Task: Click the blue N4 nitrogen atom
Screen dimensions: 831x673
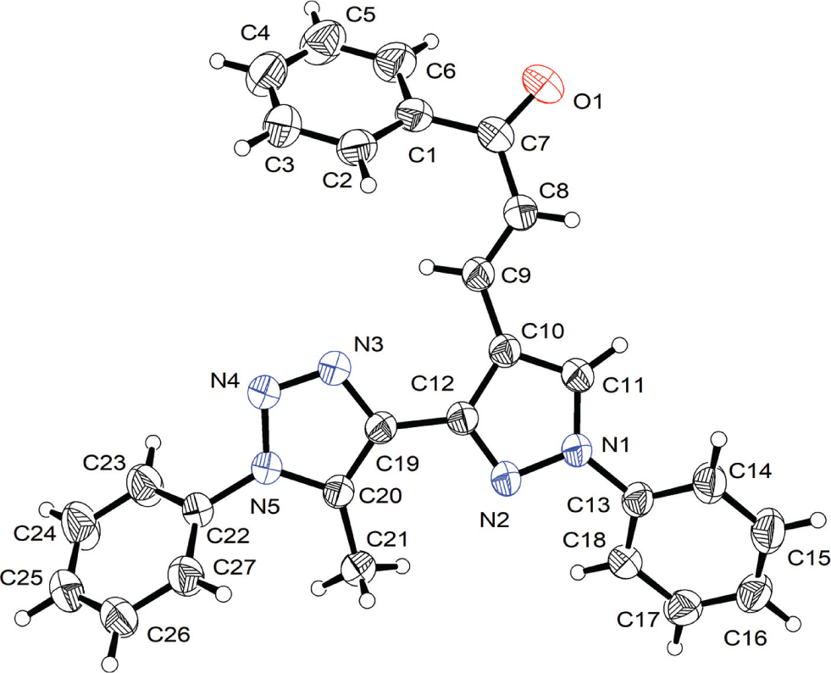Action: [x=263, y=391]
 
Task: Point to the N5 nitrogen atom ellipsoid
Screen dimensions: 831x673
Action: [x=267, y=468]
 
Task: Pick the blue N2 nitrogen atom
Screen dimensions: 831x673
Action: [x=507, y=479]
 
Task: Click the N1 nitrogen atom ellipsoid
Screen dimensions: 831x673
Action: [x=577, y=450]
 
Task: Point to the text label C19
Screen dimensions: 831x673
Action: [x=397, y=464]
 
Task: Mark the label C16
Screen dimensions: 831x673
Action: [x=745, y=638]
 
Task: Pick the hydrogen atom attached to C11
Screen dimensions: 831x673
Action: [x=618, y=347]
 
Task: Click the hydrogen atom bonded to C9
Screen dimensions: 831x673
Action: [x=427, y=267]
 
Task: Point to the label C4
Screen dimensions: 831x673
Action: [x=256, y=33]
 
